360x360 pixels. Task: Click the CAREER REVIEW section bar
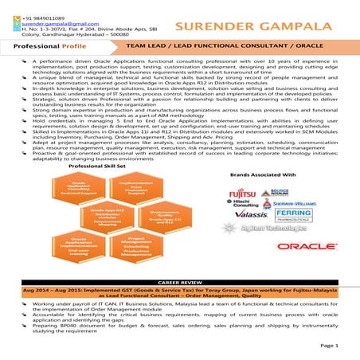180,282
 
